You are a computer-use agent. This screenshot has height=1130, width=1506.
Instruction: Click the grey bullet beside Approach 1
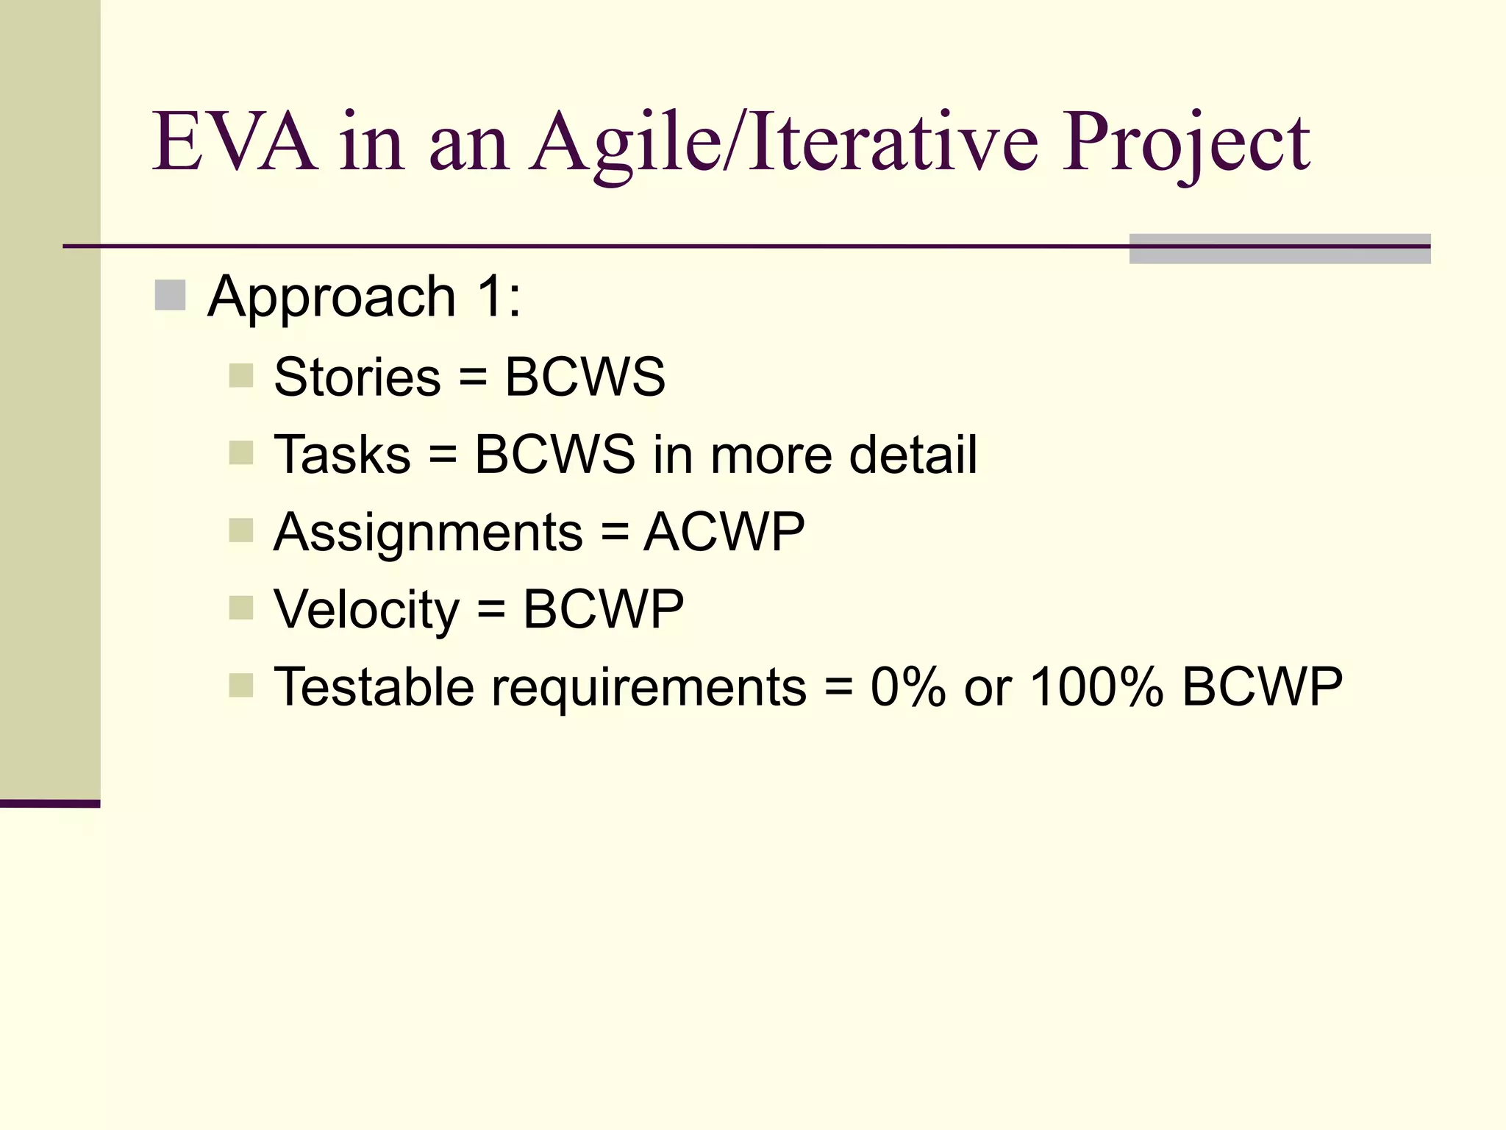[x=170, y=296]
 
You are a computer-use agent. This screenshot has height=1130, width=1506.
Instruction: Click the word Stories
[x=357, y=377]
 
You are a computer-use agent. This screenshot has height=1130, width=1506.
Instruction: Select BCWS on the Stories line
[x=585, y=377]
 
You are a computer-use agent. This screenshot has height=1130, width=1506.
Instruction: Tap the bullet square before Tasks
[x=241, y=453]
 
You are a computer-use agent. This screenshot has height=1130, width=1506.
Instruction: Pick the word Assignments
[x=429, y=533]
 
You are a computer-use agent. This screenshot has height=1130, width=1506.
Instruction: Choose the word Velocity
[x=366, y=610]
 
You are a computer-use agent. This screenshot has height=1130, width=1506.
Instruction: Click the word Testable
[x=374, y=686]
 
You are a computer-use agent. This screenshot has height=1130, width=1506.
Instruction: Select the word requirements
[x=649, y=688]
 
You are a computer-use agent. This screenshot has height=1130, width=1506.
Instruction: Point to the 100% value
[x=1096, y=687]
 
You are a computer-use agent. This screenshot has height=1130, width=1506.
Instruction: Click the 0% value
[x=908, y=687]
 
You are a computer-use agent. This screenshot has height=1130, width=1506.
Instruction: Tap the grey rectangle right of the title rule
[x=1280, y=249]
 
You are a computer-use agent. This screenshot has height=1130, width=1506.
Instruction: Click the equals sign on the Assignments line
[x=615, y=533]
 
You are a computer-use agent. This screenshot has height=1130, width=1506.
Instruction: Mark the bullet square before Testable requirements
[x=241, y=686]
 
